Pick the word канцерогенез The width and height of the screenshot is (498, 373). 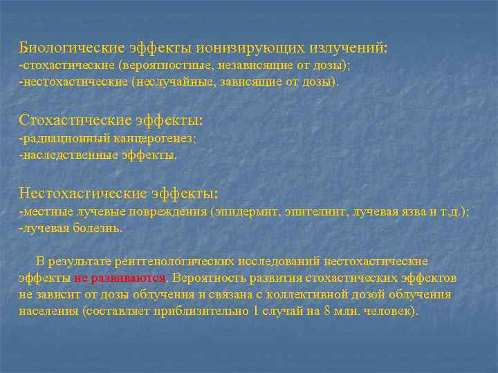pyautogui.click(x=158, y=138)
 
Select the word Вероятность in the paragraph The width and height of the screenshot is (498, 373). pyautogui.click(x=211, y=278)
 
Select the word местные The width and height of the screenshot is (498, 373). pyautogui.click(x=45, y=211)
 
